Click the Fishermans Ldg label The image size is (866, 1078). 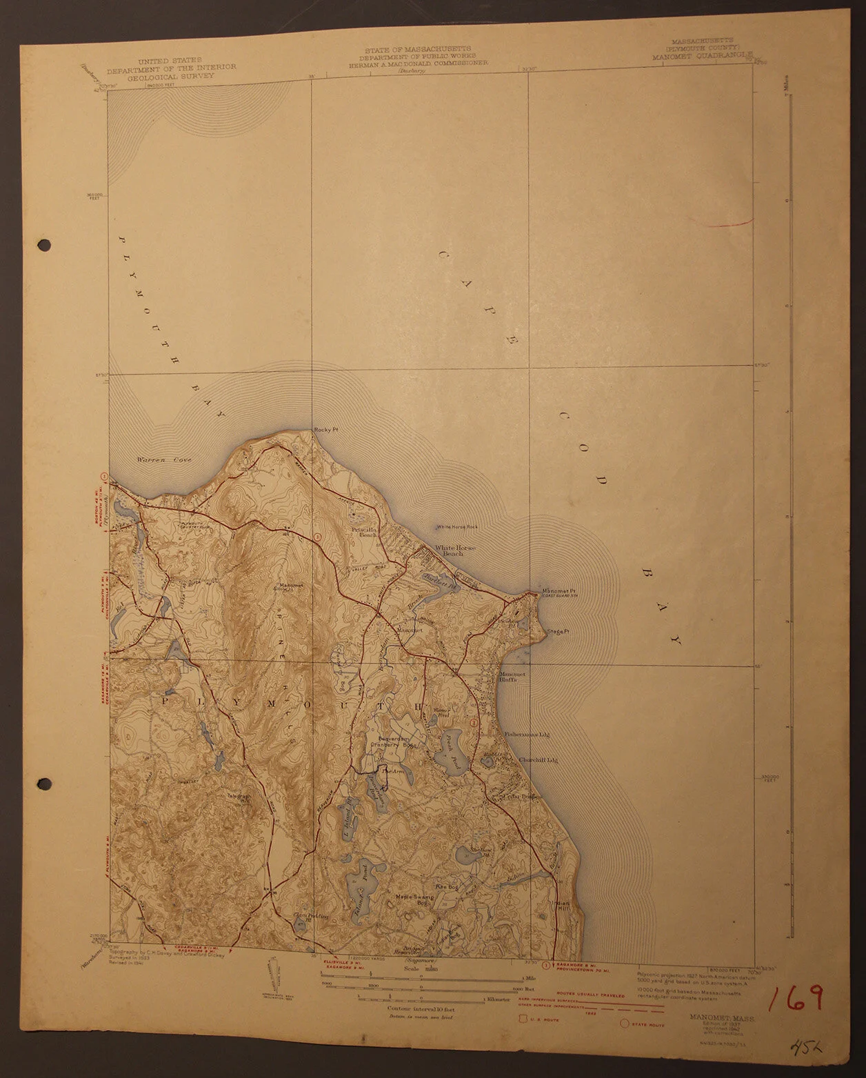tap(526, 735)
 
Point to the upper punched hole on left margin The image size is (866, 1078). tap(46, 244)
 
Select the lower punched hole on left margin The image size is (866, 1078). tap(46, 784)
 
